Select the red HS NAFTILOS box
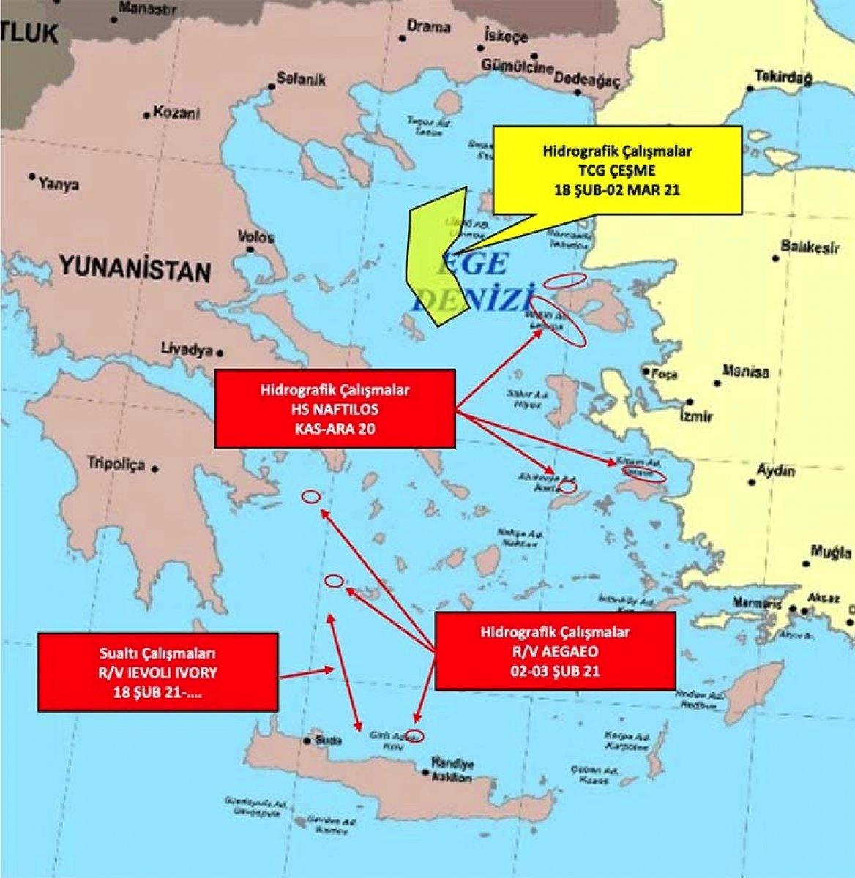(x=334, y=408)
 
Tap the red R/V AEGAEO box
(x=555, y=650)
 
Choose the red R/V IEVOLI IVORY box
(x=158, y=672)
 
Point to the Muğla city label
(x=832, y=552)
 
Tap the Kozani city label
(x=173, y=114)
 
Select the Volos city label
(x=256, y=237)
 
